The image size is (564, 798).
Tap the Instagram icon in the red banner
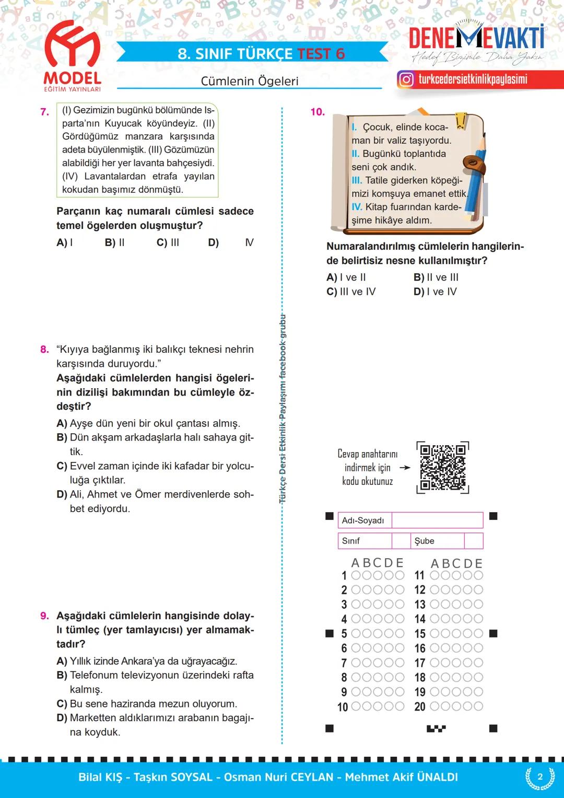pyautogui.click(x=406, y=79)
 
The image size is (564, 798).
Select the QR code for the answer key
pyautogui.click(x=442, y=467)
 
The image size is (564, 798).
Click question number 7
pyautogui.click(x=44, y=112)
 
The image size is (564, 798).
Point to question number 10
pyautogui.click(x=318, y=112)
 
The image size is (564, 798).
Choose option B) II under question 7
pyautogui.click(x=114, y=242)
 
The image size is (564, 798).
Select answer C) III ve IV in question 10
pyautogui.click(x=351, y=292)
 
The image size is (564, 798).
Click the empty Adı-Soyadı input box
pyautogui.click(x=437, y=520)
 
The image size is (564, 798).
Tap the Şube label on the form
pyautogui.click(x=424, y=541)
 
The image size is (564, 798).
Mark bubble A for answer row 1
pyautogui.click(x=356, y=575)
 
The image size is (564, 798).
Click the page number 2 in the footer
pyautogui.click(x=540, y=777)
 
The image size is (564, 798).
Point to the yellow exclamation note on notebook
pyautogui.click(x=461, y=120)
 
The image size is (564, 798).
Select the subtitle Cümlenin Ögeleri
pyautogui.click(x=250, y=81)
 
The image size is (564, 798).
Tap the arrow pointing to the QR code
pyautogui.click(x=405, y=468)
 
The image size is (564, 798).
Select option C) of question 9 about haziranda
pyautogui.click(x=147, y=703)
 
